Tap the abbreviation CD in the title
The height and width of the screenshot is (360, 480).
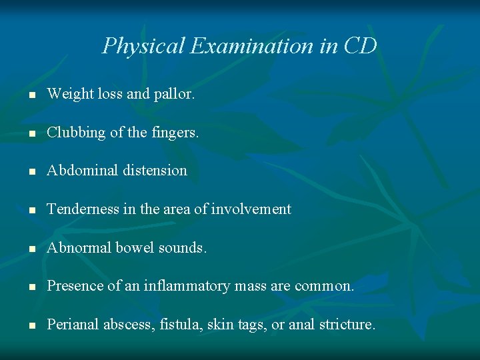click(360, 46)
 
